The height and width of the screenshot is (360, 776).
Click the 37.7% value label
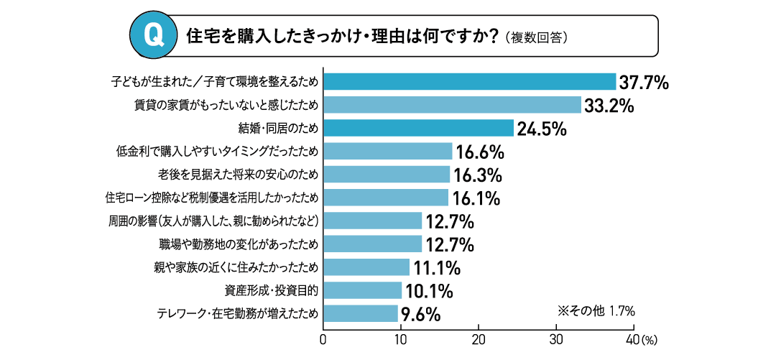coord(644,83)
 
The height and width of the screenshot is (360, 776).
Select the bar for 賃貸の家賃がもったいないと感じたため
coord(452,105)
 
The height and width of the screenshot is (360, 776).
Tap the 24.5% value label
coord(542,129)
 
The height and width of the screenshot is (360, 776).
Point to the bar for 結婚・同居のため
coord(418,128)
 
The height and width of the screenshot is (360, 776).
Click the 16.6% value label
coord(480,152)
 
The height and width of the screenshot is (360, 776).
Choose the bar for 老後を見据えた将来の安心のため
coord(387,175)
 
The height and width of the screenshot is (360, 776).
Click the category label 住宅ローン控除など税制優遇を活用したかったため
coord(211,198)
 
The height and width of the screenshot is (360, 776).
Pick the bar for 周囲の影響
coord(372,221)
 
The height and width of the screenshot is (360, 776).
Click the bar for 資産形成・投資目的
coord(362,290)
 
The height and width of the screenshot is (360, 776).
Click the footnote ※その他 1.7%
coord(596,311)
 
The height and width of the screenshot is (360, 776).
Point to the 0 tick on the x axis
coord(323,338)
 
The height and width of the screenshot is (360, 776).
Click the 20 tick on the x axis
coord(479,338)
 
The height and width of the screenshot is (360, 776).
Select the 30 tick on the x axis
coord(556,338)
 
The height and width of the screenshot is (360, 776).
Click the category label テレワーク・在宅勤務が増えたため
coord(237,313)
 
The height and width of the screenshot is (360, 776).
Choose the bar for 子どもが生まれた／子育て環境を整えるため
coord(469,81)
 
